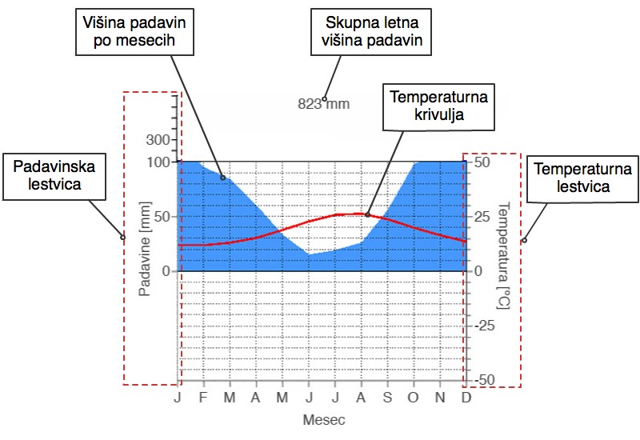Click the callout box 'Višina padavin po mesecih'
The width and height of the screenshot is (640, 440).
134,32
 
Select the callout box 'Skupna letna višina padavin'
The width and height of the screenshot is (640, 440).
371,32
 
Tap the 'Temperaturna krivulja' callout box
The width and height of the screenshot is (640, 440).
438,107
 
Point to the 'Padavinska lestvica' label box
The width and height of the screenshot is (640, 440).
54,177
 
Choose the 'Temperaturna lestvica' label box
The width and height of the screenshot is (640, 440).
583,178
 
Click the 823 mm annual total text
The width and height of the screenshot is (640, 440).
324,104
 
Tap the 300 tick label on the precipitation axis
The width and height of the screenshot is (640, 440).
158,139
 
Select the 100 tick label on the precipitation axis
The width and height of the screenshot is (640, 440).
158,162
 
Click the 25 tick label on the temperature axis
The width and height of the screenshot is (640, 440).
482,216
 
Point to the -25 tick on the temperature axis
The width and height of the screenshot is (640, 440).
485,326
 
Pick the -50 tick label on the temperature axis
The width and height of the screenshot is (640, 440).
485,380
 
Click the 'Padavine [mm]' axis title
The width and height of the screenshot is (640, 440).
145,249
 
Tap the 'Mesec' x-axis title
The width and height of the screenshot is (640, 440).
324,419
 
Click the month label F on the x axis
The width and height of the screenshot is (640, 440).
203,397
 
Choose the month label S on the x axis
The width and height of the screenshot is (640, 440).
387,397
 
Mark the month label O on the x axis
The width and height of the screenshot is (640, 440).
414,397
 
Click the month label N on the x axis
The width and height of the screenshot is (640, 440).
440,397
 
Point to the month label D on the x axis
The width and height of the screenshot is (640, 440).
466,397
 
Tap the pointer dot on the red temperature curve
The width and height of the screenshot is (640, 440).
367,214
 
